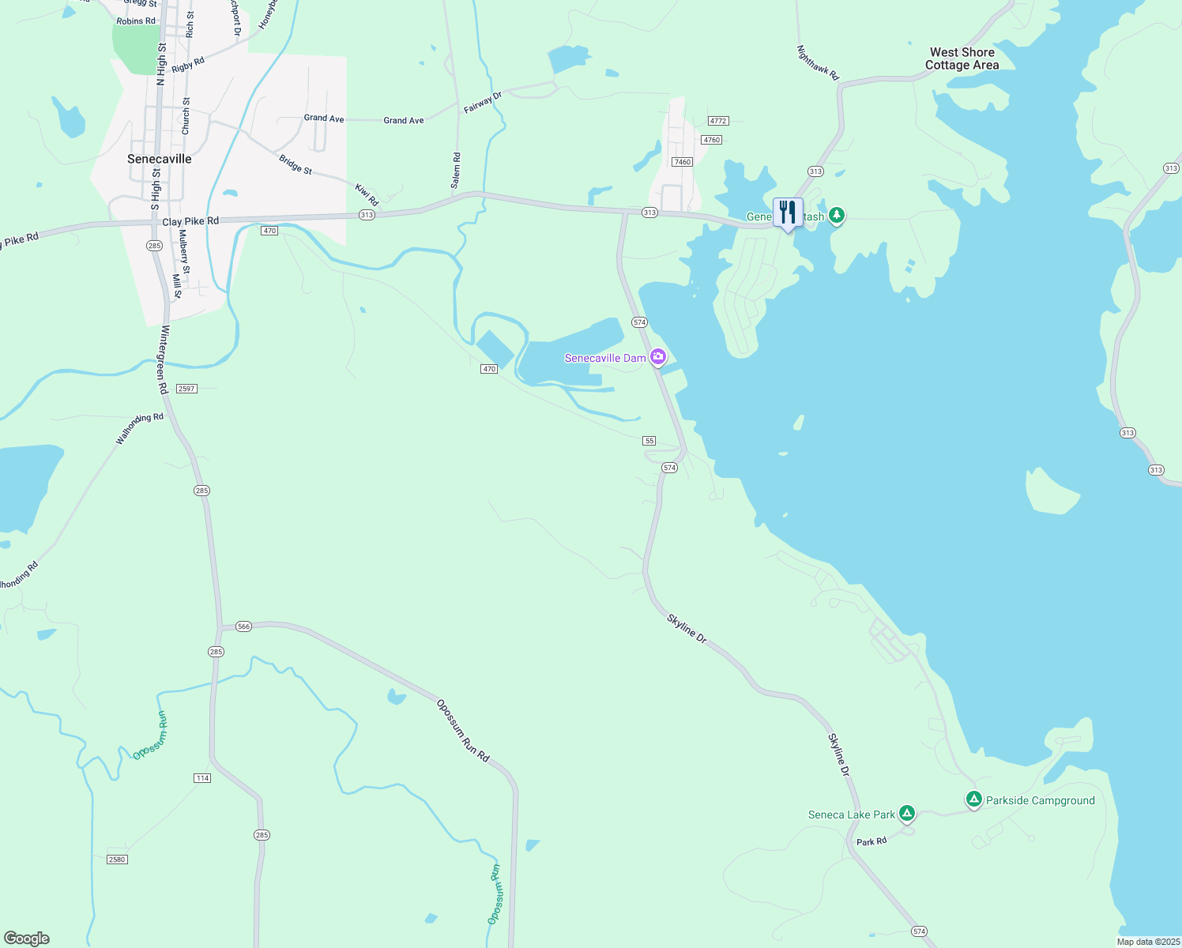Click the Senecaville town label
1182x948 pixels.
(160, 159)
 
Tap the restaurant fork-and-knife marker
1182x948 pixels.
(788, 213)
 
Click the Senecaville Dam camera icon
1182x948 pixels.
(658, 357)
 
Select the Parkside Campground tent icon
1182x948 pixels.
(974, 799)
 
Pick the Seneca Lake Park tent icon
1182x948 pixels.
(907, 812)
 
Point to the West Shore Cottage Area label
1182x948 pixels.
(962, 59)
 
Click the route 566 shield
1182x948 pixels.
(243, 626)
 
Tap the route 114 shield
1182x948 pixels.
(202, 778)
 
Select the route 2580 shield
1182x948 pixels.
(117, 860)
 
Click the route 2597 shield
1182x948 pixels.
(186, 389)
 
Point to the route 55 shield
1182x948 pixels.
(649, 441)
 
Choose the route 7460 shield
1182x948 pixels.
(682, 162)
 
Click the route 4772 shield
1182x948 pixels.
(717, 121)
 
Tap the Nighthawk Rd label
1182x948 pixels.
(817, 62)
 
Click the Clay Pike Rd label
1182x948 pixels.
(190, 222)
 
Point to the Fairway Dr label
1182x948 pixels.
(482, 103)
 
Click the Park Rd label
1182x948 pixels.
(871, 842)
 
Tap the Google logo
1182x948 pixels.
(27, 939)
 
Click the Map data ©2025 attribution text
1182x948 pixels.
(1148, 942)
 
